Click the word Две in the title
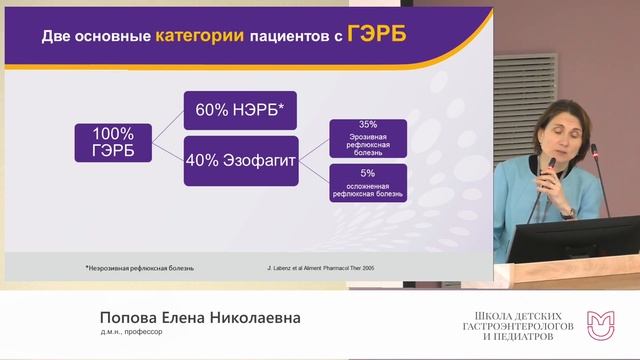click(59, 38)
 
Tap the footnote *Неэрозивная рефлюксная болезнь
click(139, 267)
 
